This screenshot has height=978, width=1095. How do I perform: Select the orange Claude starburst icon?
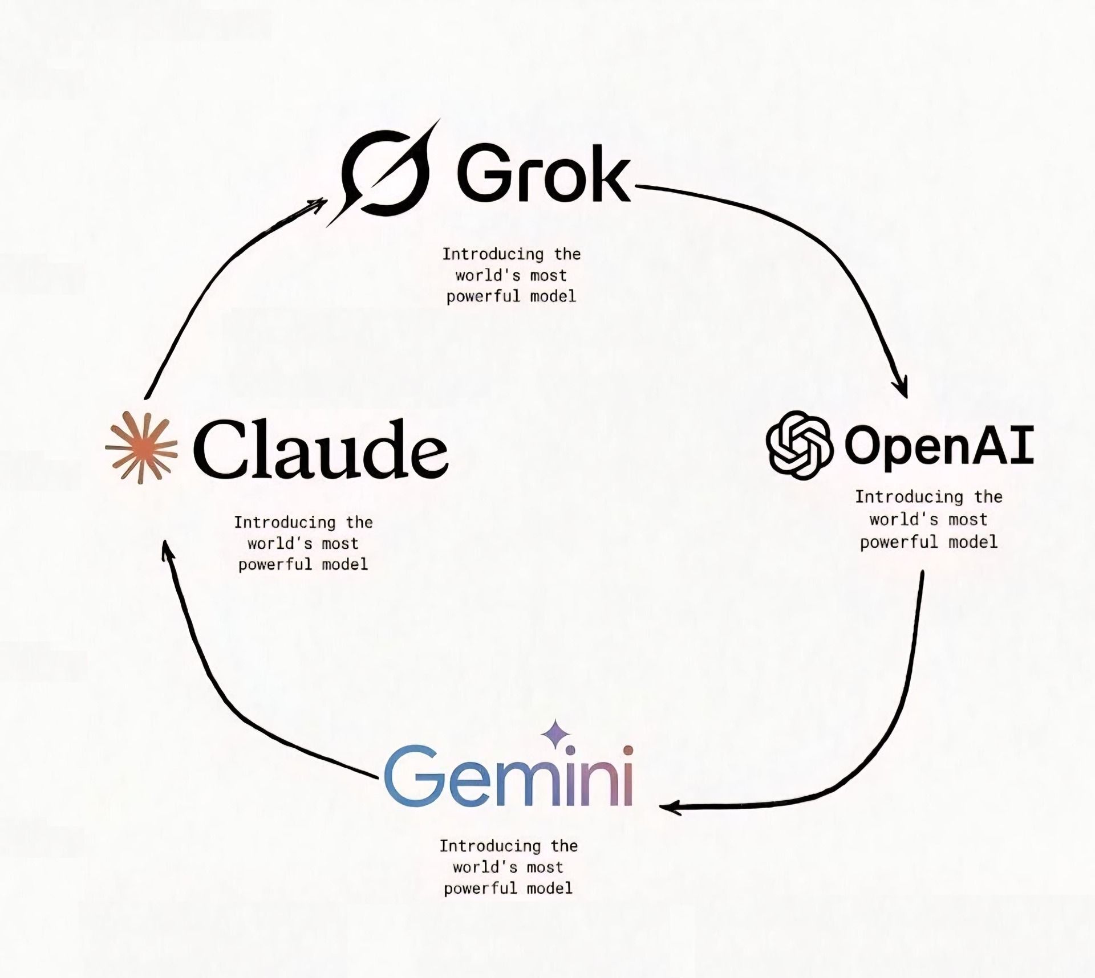pyautogui.click(x=141, y=447)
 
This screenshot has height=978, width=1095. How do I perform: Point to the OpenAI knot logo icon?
pyautogui.click(x=798, y=445)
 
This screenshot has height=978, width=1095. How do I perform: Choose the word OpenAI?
pyautogui.click(x=938, y=446)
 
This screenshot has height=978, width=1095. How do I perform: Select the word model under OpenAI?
pyautogui.click(x=972, y=541)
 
